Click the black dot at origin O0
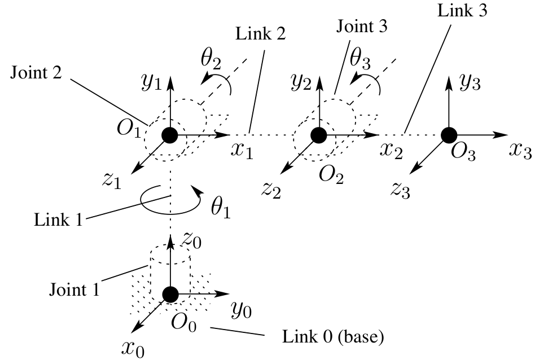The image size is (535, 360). pos(170,295)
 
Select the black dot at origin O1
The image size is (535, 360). pos(170,135)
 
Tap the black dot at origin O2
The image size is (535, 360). pos(319,135)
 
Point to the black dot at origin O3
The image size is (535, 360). pos(449,135)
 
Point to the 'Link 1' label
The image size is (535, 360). pos(58,219)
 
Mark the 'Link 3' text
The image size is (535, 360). pos(462,10)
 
